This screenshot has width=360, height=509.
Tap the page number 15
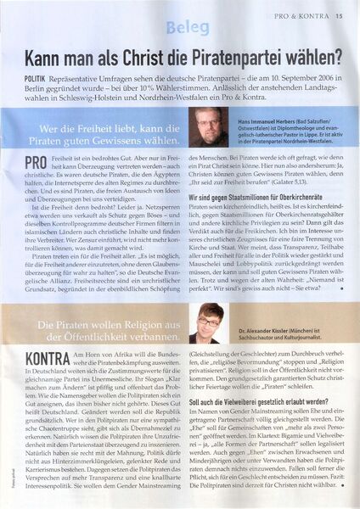click(340, 14)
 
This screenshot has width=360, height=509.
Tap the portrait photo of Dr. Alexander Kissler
click(210, 327)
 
